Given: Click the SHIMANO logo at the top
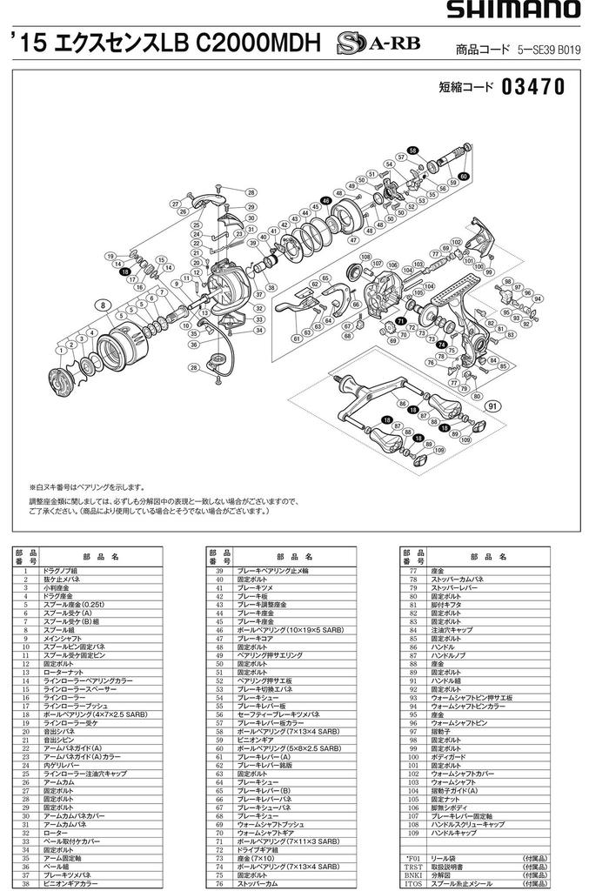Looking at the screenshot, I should (x=513, y=10).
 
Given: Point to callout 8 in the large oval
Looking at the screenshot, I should (x=103, y=305).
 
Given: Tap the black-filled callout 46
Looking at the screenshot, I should (x=326, y=200).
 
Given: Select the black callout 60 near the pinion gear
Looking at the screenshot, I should (x=464, y=177).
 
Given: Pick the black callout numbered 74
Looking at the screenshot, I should (x=441, y=345).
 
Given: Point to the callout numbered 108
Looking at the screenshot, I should (x=365, y=257).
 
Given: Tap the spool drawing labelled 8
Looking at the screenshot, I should (x=122, y=344).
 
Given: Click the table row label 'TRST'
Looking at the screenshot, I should (x=412, y=868).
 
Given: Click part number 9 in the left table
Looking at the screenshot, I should (x=25, y=639).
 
